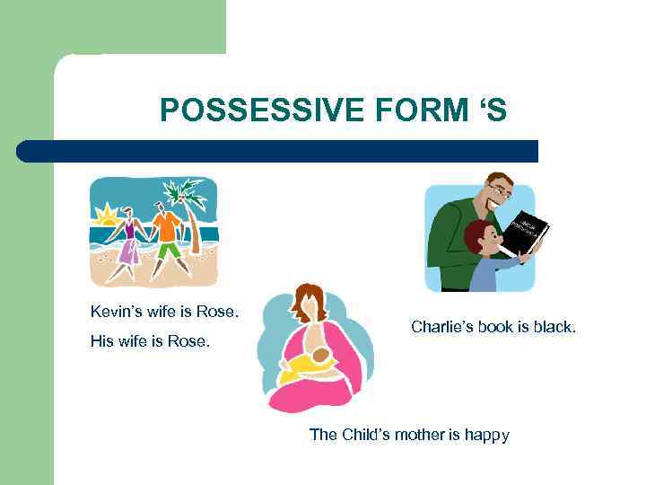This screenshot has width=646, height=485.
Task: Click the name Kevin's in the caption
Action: pos(114,312)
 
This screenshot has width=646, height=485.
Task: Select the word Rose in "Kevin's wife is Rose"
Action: pos(220,312)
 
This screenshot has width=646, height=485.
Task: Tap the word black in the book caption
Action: pos(554,327)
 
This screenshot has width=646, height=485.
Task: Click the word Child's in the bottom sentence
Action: pos(356,435)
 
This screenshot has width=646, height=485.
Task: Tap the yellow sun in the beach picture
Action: pos(107,216)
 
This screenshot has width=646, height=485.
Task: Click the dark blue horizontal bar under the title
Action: pos(277,151)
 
